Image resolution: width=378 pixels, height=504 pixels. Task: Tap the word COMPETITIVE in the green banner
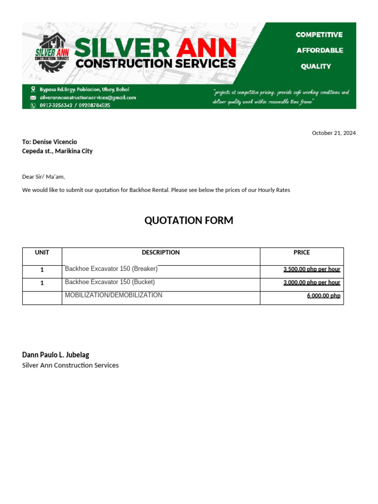click(x=319, y=34)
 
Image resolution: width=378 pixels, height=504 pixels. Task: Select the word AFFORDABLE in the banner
click(x=319, y=50)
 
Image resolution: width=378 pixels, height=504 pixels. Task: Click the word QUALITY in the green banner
click(x=316, y=66)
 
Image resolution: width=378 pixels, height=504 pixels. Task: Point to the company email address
click(x=88, y=97)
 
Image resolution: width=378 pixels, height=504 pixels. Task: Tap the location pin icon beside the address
click(x=33, y=90)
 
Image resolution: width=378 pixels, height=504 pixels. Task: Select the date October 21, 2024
click(x=334, y=133)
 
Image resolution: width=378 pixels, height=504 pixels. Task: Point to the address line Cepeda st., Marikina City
click(x=57, y=151)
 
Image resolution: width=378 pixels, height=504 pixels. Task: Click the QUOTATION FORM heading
click(x=189, y=220)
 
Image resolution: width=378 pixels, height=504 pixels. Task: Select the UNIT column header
click(x=42, y=252)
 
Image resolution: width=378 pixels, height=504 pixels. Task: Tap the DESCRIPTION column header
click(x=160, y=252)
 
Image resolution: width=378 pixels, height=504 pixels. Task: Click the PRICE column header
click(x=302, y=252)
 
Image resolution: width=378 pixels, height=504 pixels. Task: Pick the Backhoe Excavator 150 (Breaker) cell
click(x=111, y=269)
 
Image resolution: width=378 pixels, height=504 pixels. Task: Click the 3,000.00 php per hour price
click(x=312, y=283)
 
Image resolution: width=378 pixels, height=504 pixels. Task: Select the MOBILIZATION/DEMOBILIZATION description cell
click(x=113, y=295)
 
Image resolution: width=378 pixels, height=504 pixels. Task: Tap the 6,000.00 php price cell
click(x=323, y=296)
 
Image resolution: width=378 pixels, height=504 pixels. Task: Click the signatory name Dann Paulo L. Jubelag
click(x=56, y=354)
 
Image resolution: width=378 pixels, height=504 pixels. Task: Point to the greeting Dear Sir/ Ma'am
click(x=43, y=177)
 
